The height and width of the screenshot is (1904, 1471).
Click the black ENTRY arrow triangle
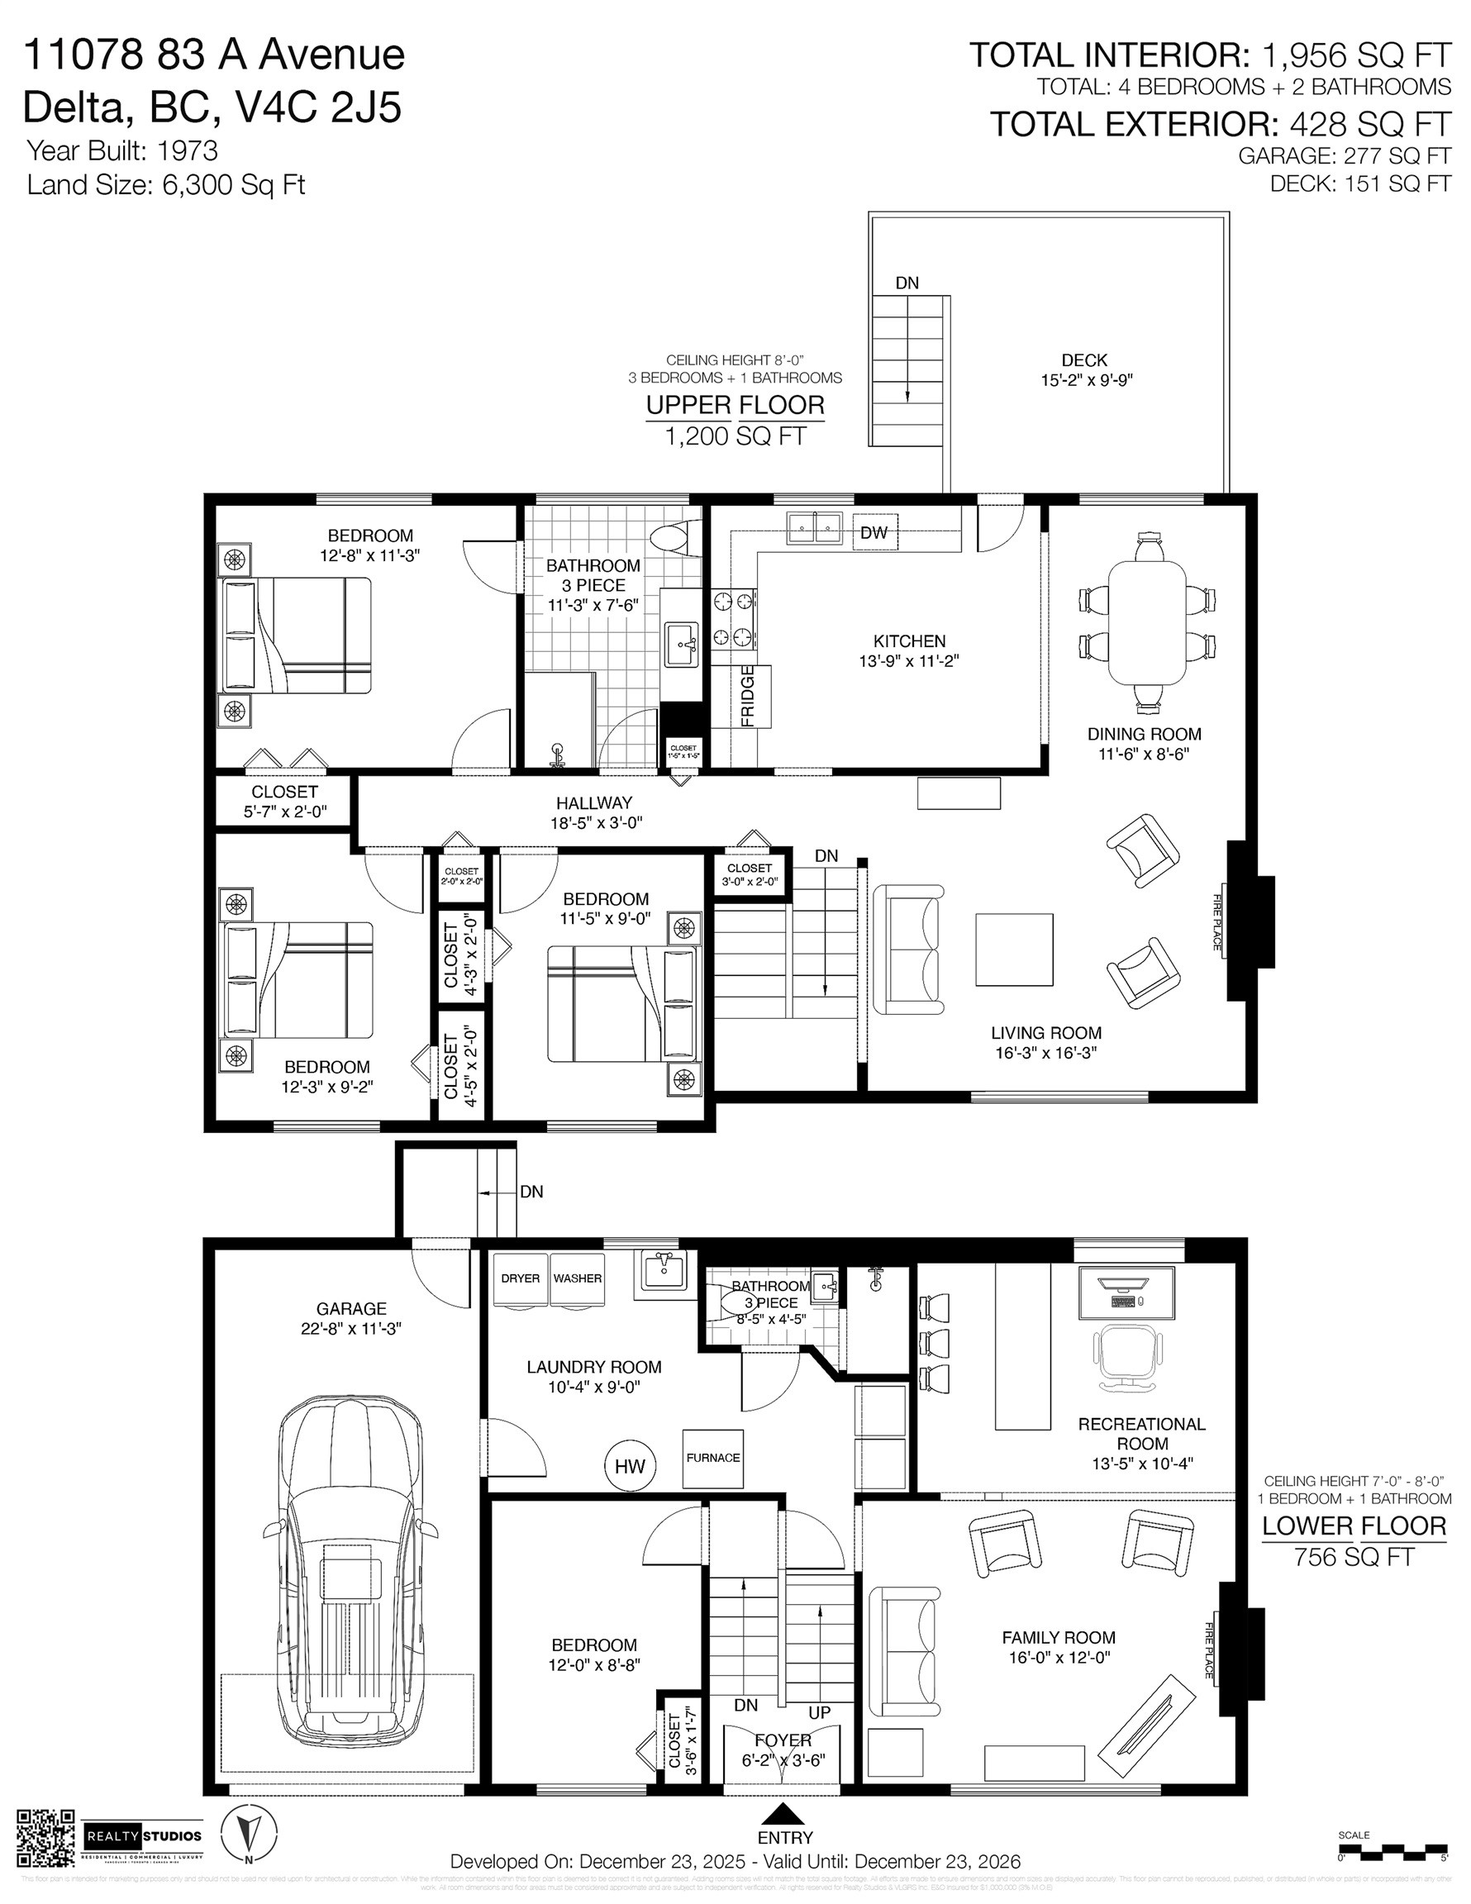785,1814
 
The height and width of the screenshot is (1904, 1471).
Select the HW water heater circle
630,1465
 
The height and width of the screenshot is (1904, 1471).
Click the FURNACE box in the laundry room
712,1458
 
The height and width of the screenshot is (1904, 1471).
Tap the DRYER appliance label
521,1279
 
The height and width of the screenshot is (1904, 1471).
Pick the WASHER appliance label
577,1279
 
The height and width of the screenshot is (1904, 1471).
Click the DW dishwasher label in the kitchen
874,533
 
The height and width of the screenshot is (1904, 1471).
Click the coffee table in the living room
1013,949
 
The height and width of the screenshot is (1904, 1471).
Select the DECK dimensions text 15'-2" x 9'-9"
1085,380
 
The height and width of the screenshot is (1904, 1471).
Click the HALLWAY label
594,803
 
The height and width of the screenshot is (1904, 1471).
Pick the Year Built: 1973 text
122,151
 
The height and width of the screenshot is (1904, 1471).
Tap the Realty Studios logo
143,1837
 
